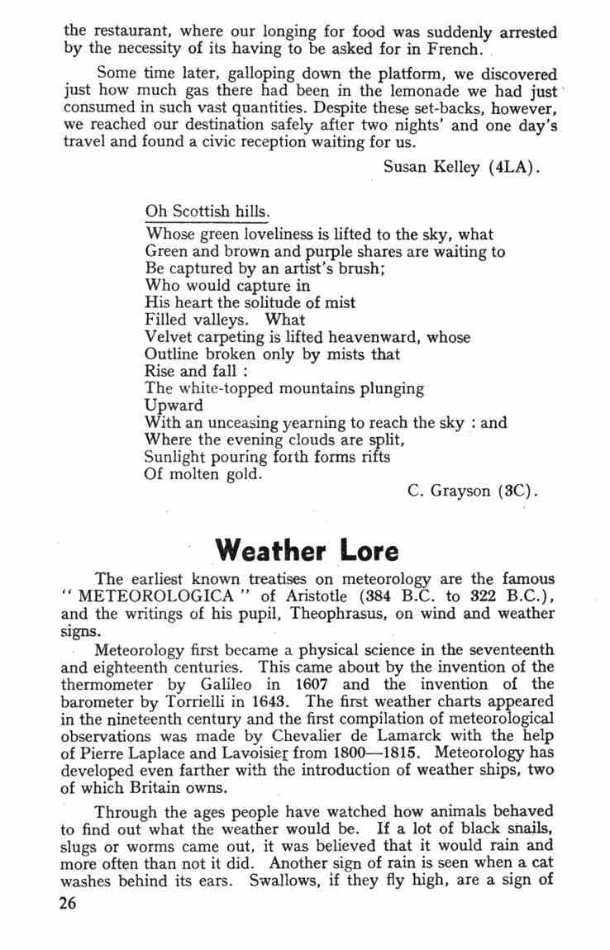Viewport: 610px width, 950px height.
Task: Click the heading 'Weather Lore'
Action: coord(306,549)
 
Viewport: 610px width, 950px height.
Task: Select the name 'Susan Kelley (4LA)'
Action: coord(462,169)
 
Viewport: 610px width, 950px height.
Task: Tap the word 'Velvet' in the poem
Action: coord(168,337)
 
